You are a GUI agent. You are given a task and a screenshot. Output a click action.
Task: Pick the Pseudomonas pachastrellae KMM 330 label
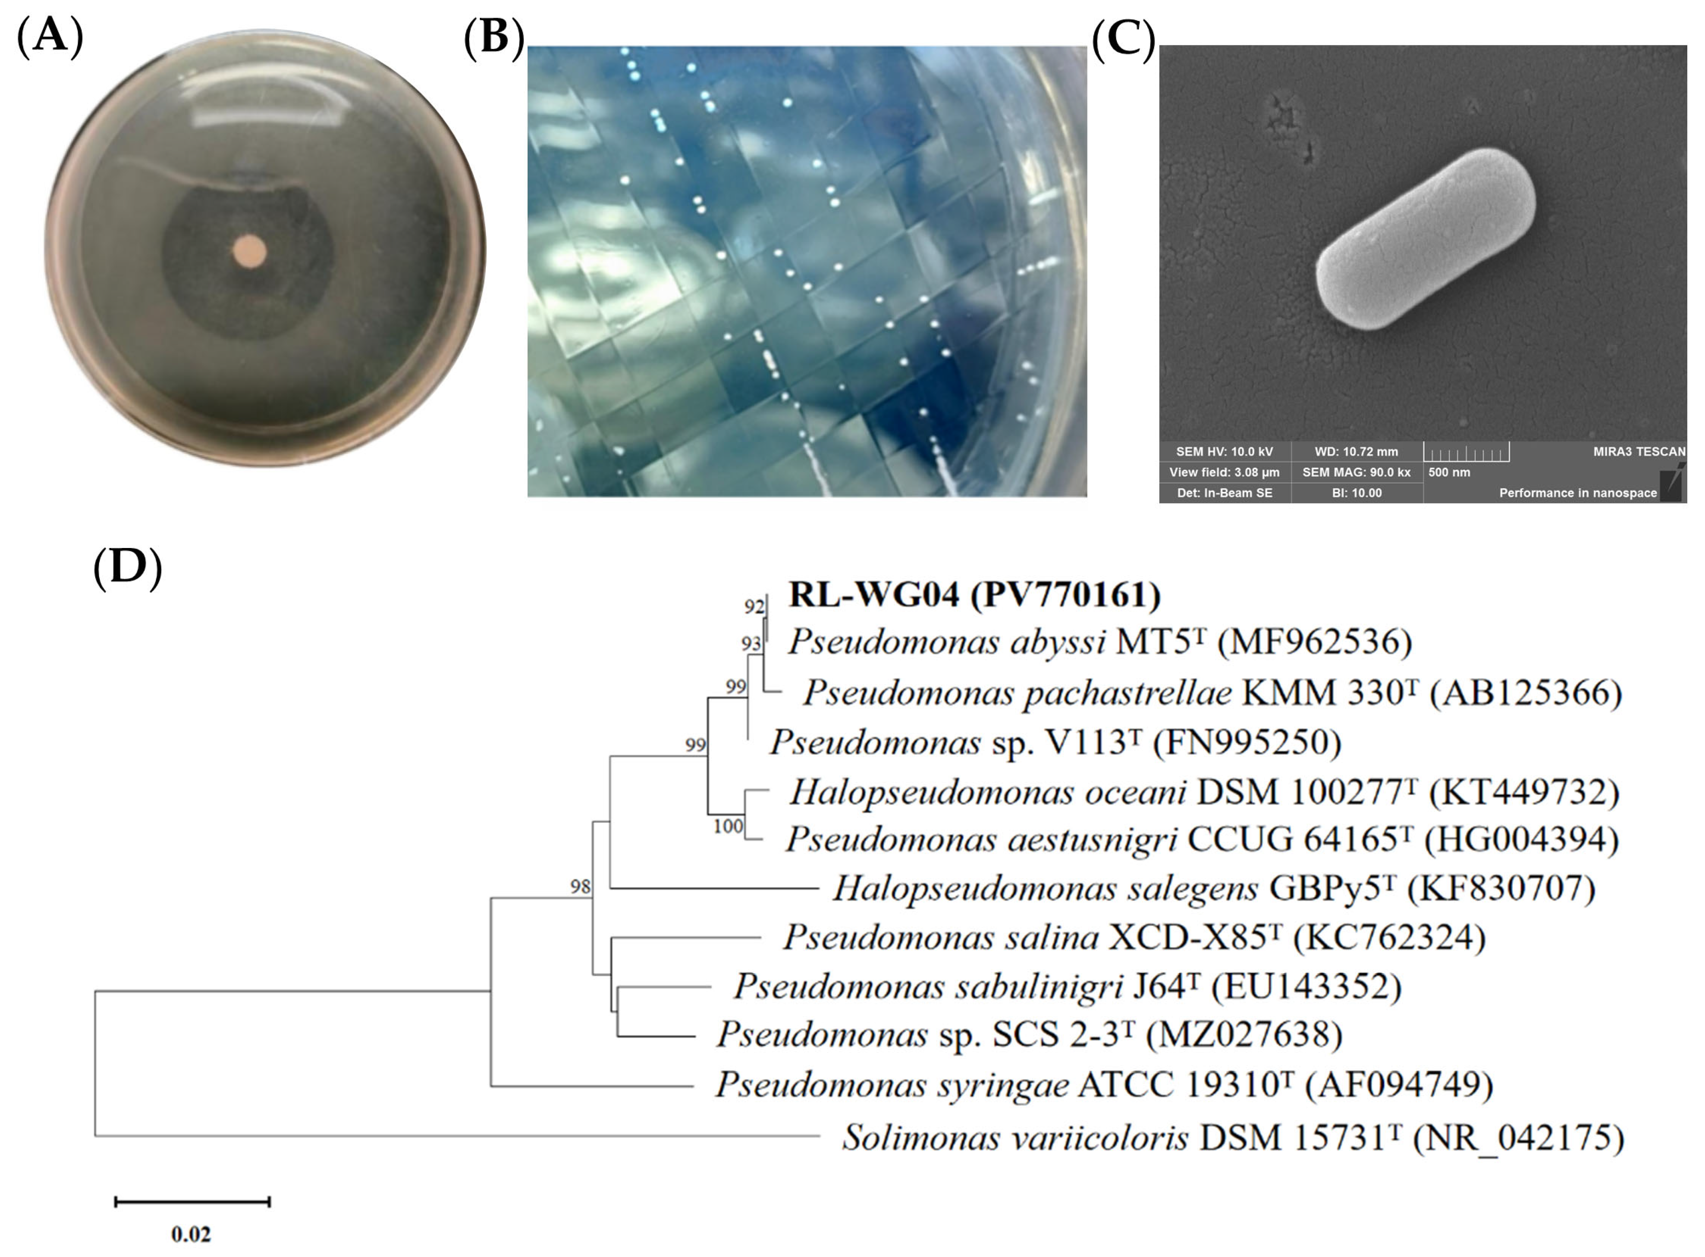(x=1213, y=692)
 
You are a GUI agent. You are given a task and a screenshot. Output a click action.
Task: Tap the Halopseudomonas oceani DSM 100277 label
(x=1204, y=792)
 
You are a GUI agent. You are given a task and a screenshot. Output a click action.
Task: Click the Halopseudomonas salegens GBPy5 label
(x=1214, y=888)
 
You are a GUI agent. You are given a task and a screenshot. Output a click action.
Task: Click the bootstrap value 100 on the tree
(x=727, y=826)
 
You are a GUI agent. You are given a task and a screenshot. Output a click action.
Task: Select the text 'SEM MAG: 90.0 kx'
(x=1356, y=472)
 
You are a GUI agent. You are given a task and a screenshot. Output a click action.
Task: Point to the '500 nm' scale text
(x=1449, y=472)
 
